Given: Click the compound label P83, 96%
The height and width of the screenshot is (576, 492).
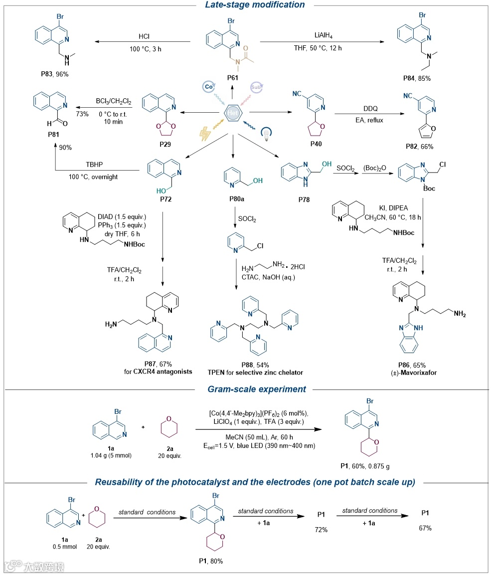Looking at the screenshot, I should (54, 74).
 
